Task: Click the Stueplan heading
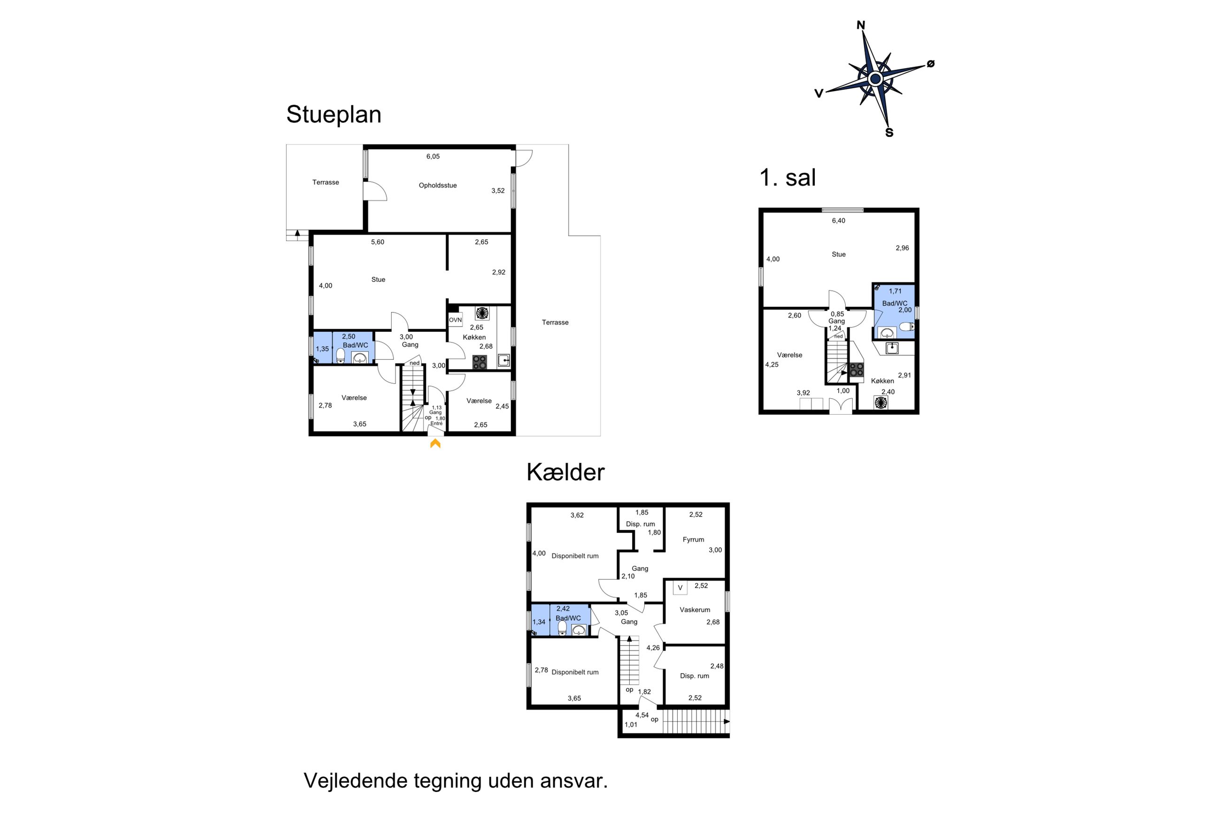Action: click(x=333, y=114)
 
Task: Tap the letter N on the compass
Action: click(x=860, y=25)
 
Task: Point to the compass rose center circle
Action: click(x=875, y=79)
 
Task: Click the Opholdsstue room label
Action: click(x=437, y=186)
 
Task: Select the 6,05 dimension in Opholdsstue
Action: click(x=433, y=156)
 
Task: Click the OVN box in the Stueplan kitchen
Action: click(x=455, y=320)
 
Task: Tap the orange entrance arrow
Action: click(x=435, y=443)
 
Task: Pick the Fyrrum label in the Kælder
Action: click(x=693, y=539)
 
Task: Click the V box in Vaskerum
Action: click(x=680, y=587)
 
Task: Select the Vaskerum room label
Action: click(x=695, y=610)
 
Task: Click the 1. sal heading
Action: click(x=787, y=177)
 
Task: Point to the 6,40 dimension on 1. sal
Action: click(x=839, y=220)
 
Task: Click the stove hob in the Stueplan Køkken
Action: click(x=479, y=362)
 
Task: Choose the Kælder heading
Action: click(x=565, y=472)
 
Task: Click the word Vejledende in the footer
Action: click(x=355, y=780)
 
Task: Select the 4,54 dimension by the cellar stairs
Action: click(x=642, y=715)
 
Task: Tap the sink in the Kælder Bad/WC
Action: click(x=579, y=630)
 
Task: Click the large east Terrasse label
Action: click(x=555, y=322)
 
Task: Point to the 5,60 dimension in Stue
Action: click(x=377, y=242)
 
